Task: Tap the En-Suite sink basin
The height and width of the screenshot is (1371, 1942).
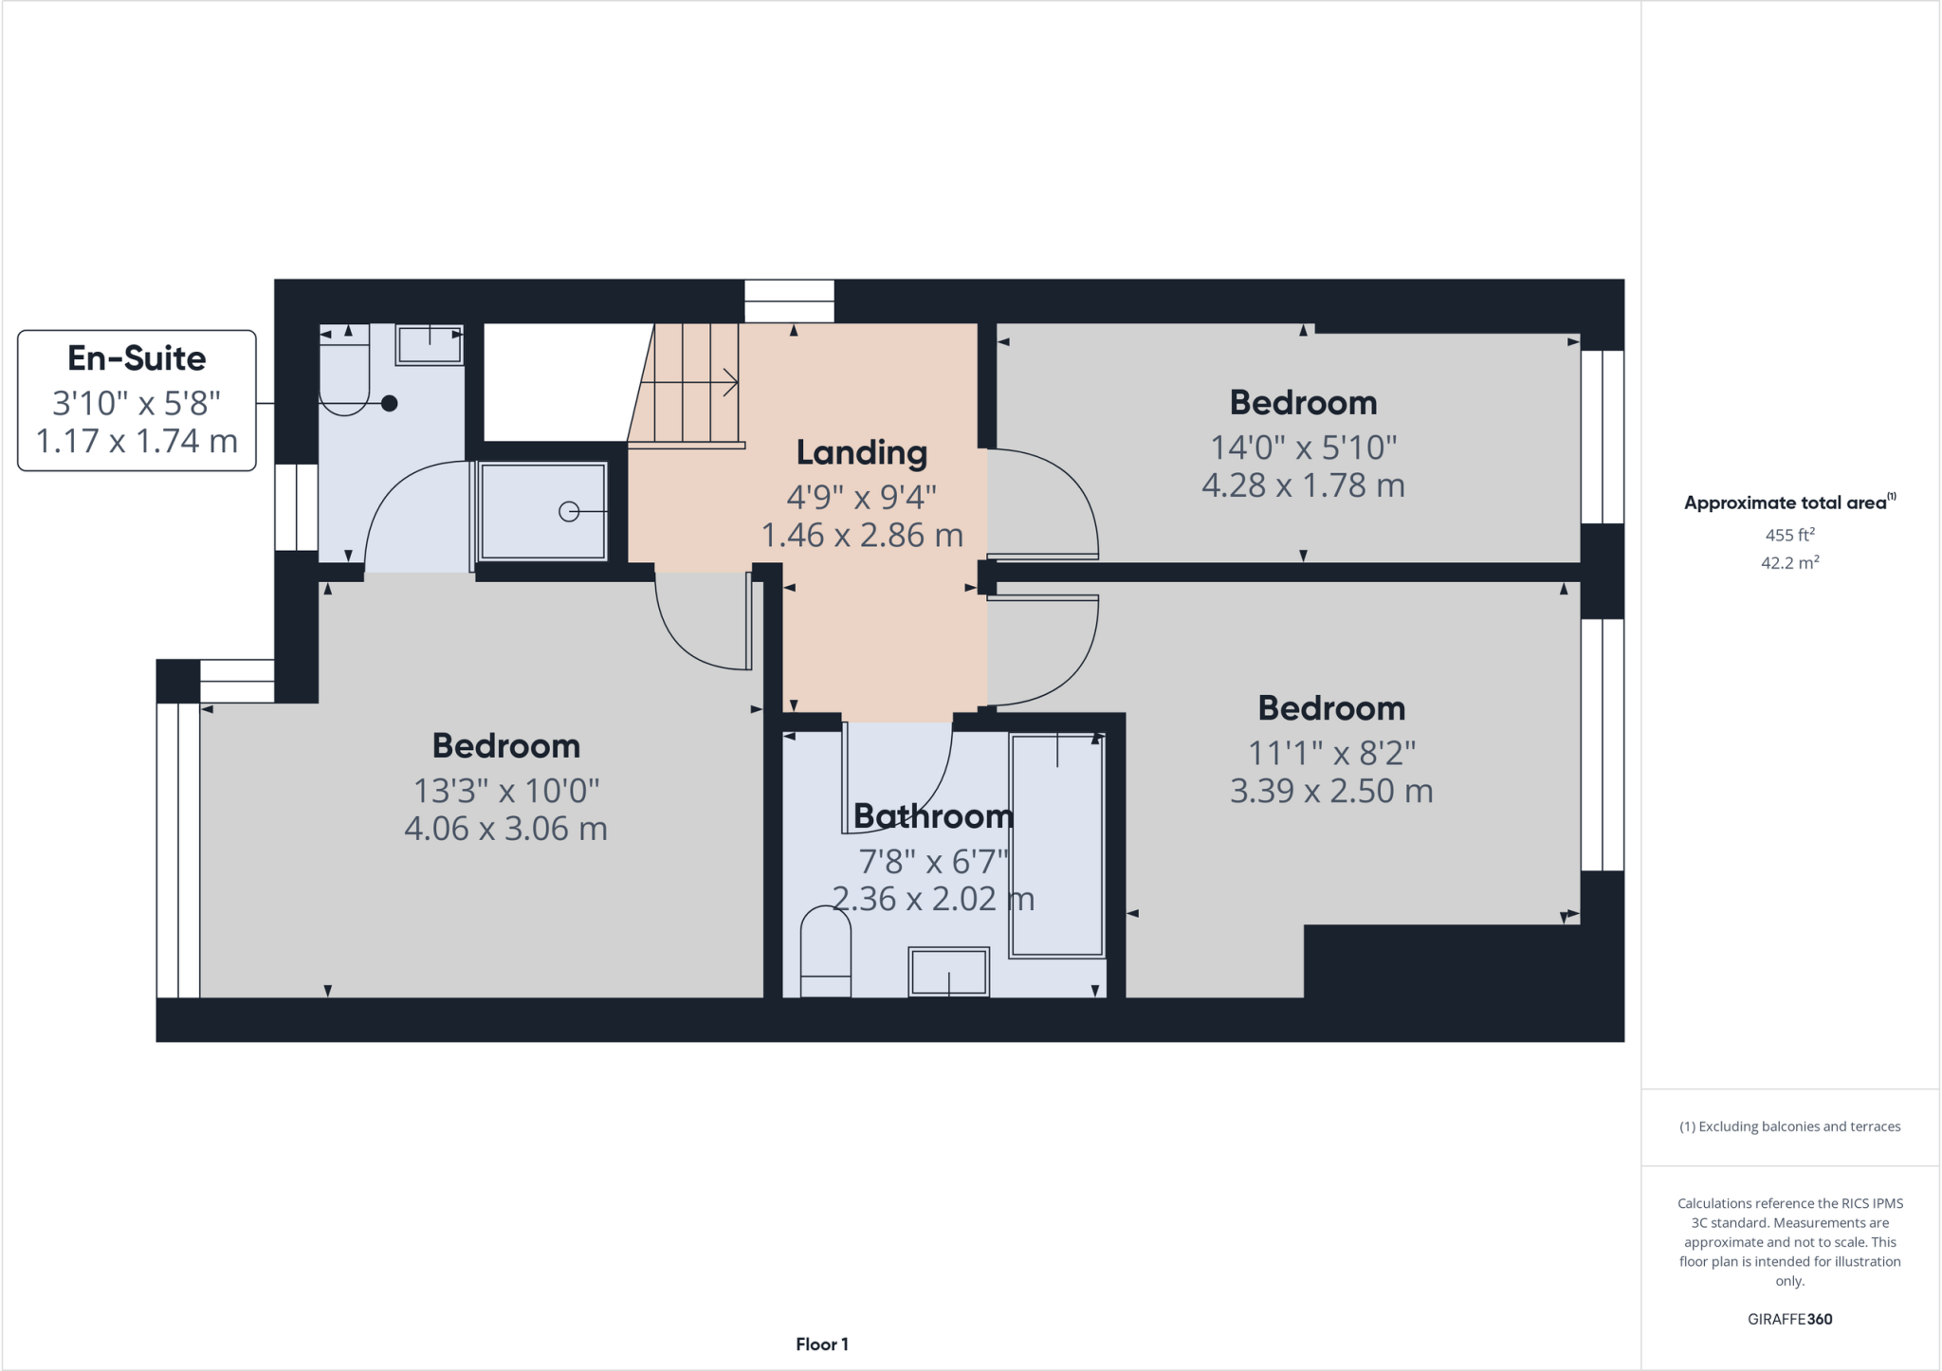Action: pos(430,343)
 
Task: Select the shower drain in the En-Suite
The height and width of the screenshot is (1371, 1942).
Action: pos(569,512)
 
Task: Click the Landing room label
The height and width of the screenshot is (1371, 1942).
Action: pos(861,453)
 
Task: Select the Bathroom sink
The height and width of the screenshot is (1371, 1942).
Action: pos(948,971)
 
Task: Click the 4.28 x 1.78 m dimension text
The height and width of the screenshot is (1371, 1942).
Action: pos(1303,485)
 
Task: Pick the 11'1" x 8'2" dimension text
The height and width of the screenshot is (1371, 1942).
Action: pos(1331,753)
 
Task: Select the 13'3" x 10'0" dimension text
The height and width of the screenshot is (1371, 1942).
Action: pos(505,790)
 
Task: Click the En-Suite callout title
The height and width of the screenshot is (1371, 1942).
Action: pos(137,358)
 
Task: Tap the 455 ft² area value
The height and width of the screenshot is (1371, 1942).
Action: pos(1789,535)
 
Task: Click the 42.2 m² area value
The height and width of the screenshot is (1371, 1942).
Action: pos(1789,562)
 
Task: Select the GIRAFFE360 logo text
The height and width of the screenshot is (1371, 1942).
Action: pos(1789,1319)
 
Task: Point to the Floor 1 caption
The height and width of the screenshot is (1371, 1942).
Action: pos(821,1344)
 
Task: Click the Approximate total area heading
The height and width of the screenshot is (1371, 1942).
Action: pos(1786,503)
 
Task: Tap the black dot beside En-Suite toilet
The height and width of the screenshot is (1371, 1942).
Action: pos(389,403)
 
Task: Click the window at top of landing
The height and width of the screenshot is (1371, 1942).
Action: pos(789,301)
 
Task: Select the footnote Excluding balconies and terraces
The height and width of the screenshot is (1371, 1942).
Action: pos(1789,1126)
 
